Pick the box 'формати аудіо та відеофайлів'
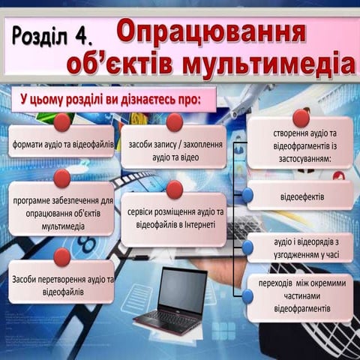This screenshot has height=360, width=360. [x=62, y=142]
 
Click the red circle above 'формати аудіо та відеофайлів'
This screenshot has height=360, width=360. [x=62, y=121]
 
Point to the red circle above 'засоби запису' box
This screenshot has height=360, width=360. [x=175, y=122]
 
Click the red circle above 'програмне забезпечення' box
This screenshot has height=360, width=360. [x=62, y=178]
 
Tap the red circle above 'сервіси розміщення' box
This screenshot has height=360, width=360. [x=175, y=189]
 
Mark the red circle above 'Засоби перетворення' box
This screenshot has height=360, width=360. [x=62, y=256]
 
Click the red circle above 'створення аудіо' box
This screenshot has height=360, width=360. [x=301, y=118]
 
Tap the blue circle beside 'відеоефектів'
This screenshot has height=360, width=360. [x=247, y=196]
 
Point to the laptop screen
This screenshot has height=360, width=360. [x=182, y=290]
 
